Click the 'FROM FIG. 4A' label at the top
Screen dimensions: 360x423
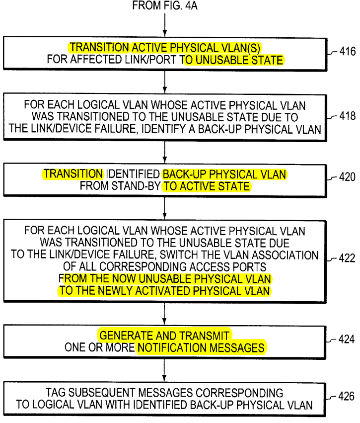point(165,5)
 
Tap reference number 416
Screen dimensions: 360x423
point(348,51)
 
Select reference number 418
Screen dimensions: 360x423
point(348,116)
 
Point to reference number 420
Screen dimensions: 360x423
point(347,177)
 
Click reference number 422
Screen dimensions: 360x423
point(347,258)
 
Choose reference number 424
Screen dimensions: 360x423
point(347,339)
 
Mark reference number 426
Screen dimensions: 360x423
point(346,396)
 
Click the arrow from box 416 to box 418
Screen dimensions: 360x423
point(165,82)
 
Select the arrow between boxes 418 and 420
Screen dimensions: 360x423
point(165,152)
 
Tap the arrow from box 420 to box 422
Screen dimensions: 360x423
point(165,208)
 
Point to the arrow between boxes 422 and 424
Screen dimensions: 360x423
point(164,314)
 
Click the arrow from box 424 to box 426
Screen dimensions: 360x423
point(164,371)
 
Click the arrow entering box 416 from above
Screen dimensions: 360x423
point(165,25)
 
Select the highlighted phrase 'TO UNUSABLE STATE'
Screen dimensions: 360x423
point(233,60)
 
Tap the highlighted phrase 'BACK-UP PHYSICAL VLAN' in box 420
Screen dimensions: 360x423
point(224,174)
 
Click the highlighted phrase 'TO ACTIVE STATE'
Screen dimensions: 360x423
point(207,186)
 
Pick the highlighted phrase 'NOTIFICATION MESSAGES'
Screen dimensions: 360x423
point(201,348)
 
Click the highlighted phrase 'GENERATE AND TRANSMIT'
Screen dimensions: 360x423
point(164,336)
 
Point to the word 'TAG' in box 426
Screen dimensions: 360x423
point(55,393)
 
